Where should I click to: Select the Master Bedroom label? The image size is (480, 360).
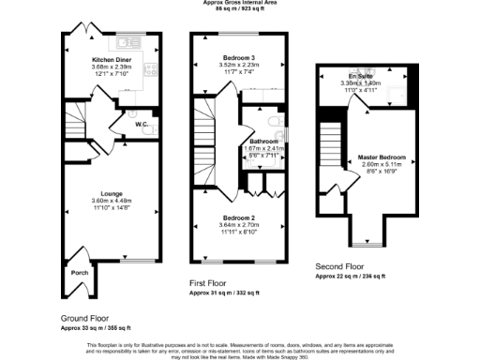381,157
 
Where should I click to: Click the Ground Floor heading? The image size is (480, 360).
85,318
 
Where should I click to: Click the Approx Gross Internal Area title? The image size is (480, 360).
240,3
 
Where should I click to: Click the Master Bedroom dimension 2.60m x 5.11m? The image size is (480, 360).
381,166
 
